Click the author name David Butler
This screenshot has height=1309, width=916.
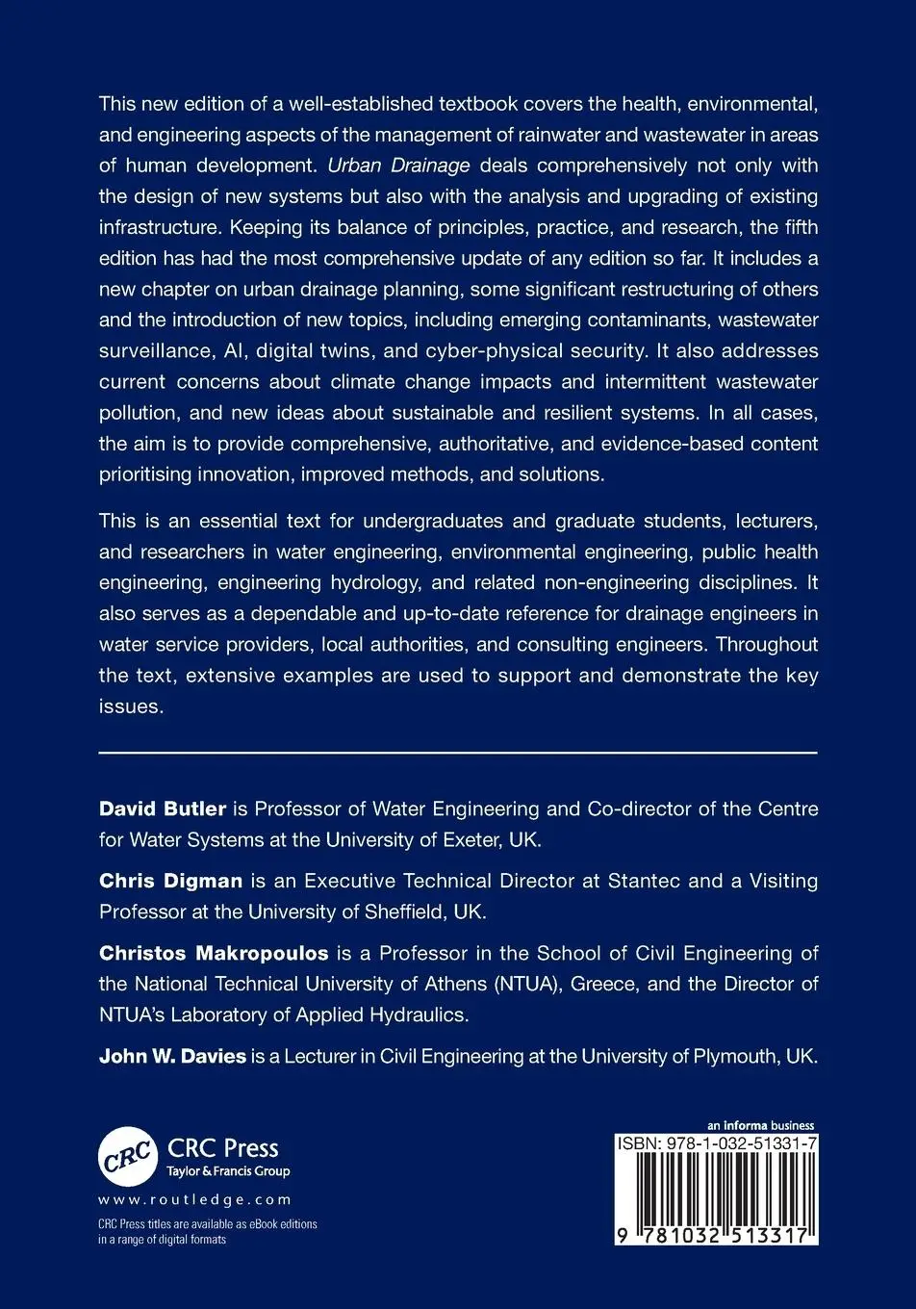(x=162, y=808)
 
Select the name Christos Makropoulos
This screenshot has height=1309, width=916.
(x=214, y=953)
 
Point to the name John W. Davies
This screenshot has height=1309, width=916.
(x=172, y=1056)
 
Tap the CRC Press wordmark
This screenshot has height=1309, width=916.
(x=222, y=1147)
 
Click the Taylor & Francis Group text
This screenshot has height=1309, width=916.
(x=228, y=1171)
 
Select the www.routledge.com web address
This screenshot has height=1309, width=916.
(x=194, y=1199)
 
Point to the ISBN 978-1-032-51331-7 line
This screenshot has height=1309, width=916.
(x=717, y=1143)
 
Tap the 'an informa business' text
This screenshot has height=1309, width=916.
(x=760, y=1125)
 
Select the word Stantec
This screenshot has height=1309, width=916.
(x=644, y=880)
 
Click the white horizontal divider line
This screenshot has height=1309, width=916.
(x=458, y=751)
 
